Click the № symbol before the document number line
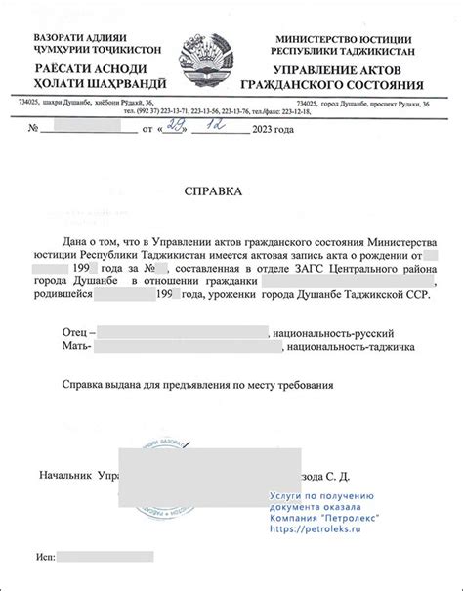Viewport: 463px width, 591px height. (34, 129)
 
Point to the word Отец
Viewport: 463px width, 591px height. (74, 333)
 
